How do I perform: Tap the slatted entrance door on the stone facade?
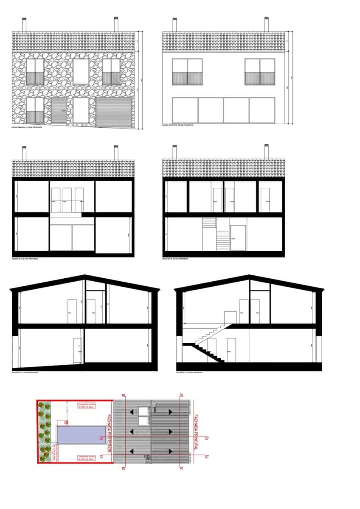(x=59, y=110)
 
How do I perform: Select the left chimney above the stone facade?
(x=24, y=25)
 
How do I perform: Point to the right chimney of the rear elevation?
(x=267, y=24)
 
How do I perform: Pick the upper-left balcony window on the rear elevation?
(x=187, y=72)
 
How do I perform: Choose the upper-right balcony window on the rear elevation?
(x=260, y=72)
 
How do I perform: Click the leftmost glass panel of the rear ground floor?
(x=185, y=110)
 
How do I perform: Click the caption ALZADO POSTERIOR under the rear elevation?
(x=178, y=125)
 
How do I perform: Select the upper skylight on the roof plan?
(x=143, y=411)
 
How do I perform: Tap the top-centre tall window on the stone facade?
(x=81, y=71)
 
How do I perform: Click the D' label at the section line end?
(x=207, y=438)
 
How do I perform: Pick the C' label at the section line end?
(x=207, y=456)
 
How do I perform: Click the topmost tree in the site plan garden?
(x=41, y=405)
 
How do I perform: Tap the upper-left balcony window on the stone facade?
(x=35, y=71)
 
